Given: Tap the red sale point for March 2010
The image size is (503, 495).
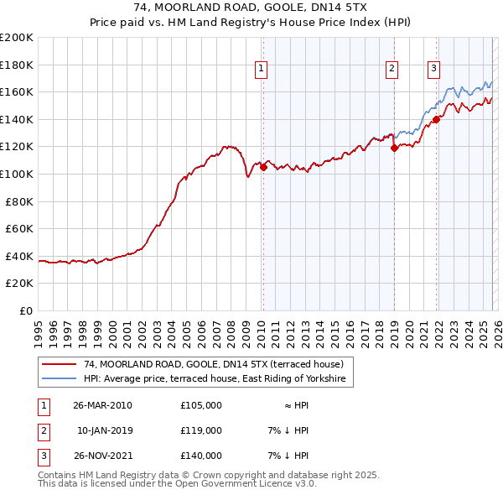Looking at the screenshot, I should (x=263, y=167).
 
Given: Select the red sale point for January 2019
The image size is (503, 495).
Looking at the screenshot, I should (x=394, y=148).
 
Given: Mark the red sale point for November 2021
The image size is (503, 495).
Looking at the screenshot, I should (x=437, y=119).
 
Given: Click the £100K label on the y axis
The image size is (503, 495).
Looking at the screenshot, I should (x=17, y=174).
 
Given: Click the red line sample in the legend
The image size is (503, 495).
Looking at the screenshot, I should (x=60, y=365).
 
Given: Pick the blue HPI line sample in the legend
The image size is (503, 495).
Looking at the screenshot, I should (x=60, y=379).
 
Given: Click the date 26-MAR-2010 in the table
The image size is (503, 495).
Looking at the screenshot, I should (x=102, y=405).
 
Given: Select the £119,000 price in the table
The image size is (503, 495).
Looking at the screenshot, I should (x=201, y=430).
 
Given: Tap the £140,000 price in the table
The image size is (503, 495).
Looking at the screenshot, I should (x=201, y=456).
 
